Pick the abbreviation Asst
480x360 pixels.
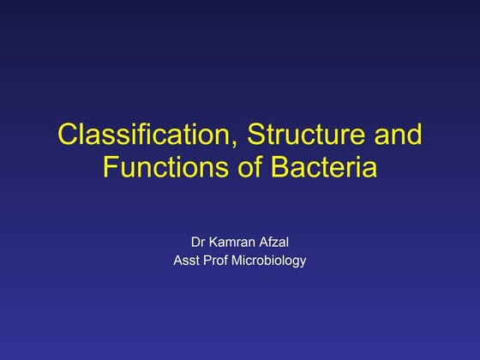(x=187, y=261)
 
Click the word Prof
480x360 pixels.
(x=221, y=261)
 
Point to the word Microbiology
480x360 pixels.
(x=272, y=261)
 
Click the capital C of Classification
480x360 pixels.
(x=67, y=135)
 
